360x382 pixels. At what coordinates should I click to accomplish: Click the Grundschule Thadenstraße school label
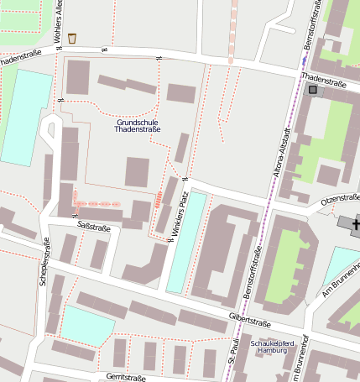137,126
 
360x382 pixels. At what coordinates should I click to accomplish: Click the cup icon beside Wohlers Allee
72,38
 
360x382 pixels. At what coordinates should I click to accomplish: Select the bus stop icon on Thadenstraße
314,90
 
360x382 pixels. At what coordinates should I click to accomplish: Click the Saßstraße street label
93,227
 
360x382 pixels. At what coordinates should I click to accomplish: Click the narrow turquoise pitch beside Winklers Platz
185,243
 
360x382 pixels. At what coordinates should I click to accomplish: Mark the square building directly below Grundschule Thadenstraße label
137,172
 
